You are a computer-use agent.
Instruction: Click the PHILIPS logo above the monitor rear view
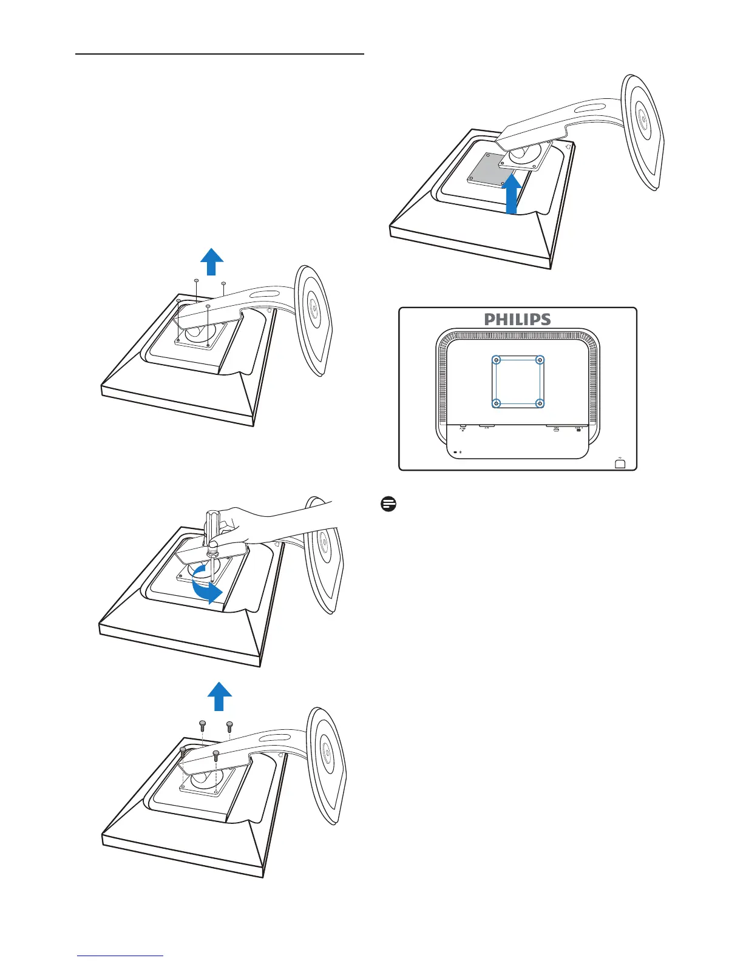click(517, 319)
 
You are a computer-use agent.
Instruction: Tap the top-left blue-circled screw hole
click(497, 360)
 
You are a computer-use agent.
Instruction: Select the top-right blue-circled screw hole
click(540, 360)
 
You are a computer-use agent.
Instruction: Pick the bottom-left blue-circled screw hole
click(497, 403)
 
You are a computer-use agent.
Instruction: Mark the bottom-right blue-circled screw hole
click(540, 403)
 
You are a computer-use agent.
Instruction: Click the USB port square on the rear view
click(620, 464)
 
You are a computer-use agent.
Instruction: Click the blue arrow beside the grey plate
click(512, 194)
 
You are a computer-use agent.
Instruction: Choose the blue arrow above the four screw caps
click(211, 261)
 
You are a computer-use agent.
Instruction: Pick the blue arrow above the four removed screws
click(220, 696)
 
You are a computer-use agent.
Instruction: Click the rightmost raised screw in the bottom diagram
click(229, 726)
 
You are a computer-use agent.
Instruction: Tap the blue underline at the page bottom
click(120, 956)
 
